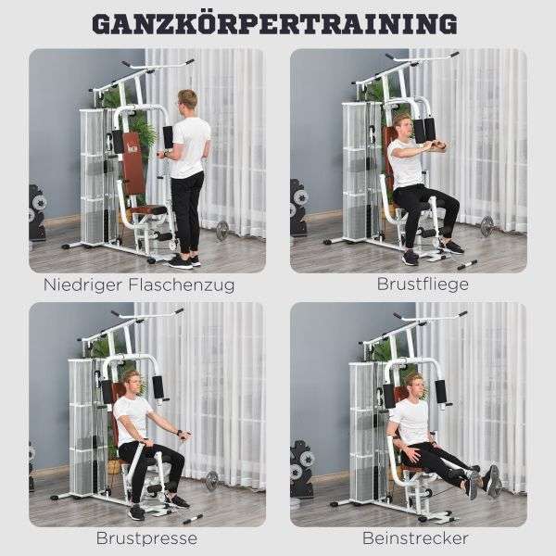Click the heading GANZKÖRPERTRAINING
(275, 24)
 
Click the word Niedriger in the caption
(83, 284)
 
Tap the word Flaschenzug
(182, 284)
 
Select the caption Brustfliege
(423, 284)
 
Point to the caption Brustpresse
(146, 538)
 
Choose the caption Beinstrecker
(415, 538)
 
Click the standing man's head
(186, 100)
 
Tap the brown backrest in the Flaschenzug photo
(133, 163)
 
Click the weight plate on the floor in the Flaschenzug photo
(222, 230)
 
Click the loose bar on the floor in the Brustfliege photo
(467, 265)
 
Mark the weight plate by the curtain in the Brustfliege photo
(487, 226)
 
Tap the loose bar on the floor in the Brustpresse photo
(192, 519)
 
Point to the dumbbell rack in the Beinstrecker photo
(301, 468)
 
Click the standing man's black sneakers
(184, 261)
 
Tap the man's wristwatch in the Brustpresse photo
(180, 432)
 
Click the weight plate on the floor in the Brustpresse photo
(211, 481)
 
